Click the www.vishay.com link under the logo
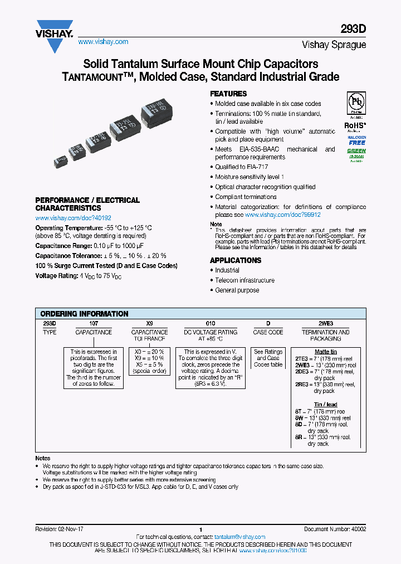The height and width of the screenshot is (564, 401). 103,42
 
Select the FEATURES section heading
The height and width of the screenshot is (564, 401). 228,94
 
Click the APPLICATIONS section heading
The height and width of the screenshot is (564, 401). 235,260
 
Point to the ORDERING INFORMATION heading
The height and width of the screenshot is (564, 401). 85,314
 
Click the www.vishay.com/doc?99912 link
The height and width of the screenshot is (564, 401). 283,215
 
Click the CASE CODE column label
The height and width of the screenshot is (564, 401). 268,332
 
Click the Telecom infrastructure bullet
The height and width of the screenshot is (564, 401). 244,280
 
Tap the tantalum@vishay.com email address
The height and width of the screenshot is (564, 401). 240,537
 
